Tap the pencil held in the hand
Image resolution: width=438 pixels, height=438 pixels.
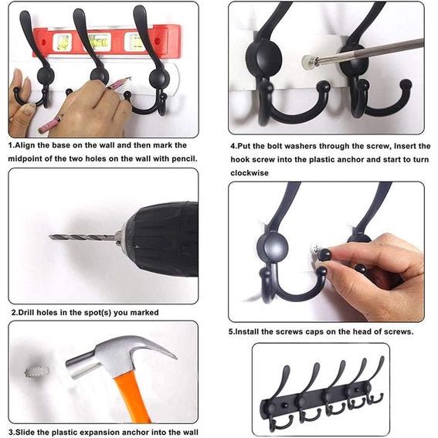click(x=54, y=120)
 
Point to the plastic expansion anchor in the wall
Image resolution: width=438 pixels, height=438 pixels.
click(x=36, y=372)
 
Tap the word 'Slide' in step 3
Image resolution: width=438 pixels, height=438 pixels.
click(x=31, y=432)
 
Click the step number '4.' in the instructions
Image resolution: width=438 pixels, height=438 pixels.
click(x=234, y=145)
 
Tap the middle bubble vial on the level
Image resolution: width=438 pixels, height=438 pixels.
click(x=99, y=39)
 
